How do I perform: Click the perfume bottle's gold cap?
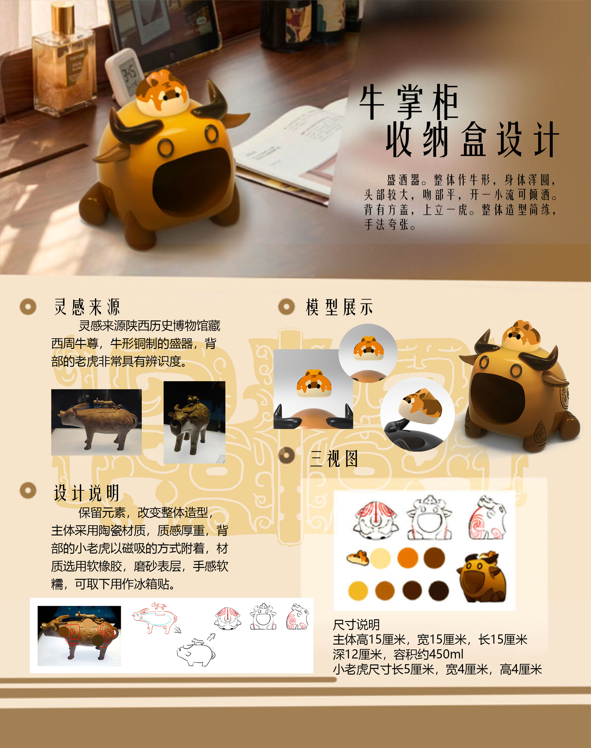pyautogui.click(x=63, y=16)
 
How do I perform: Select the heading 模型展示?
pyautogui.click(x=339, y=307)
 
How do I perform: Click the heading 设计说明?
pyautogui.click(x=86, y=493)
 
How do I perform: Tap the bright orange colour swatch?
pyautogui.click(x=408, y=557)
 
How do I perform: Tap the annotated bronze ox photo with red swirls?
pyautogui.click(x=79, y=636)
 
